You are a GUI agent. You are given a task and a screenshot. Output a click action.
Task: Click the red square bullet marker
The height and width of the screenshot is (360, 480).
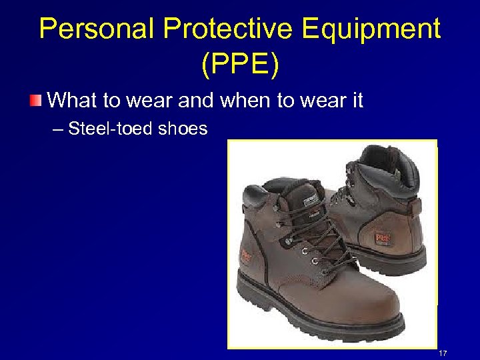point(35,101)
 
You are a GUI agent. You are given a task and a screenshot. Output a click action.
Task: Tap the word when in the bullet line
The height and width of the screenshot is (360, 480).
point(239,101)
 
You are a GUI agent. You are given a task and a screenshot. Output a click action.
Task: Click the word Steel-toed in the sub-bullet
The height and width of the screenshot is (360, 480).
point(111,128)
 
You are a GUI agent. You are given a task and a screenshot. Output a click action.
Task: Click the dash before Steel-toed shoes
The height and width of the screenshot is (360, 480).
point(58,129)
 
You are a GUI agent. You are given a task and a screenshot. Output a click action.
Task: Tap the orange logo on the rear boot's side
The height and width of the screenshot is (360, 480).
point(383,236)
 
